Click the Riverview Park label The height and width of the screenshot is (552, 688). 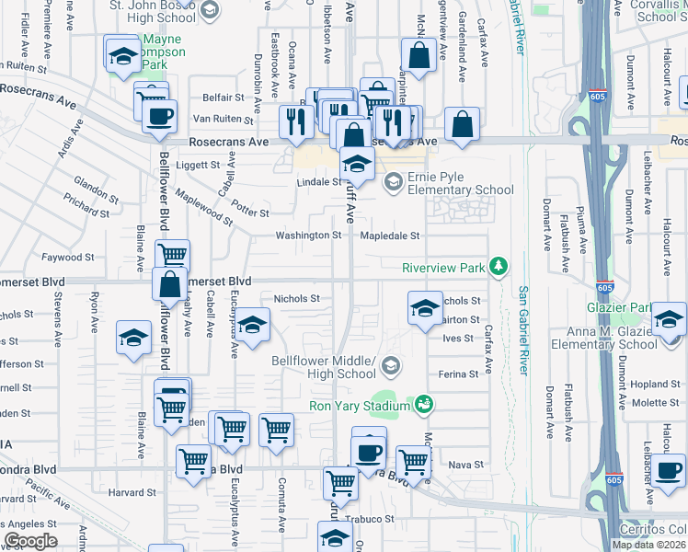click(442, 268)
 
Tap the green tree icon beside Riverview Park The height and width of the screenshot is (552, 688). click(499, 267)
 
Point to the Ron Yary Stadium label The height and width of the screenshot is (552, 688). click(360, 406)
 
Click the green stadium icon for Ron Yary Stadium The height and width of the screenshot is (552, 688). click(424, 404)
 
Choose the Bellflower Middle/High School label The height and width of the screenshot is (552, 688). click(324, 367)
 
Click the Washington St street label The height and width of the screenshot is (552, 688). click(309, 236)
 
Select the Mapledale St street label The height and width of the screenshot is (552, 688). click(389, 236)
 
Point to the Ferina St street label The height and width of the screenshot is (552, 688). click(459, 374)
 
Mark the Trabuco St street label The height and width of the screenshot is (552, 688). click(376, 519)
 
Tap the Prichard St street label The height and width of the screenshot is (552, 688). click(86, 205)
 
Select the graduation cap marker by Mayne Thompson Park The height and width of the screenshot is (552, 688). click(120, 55)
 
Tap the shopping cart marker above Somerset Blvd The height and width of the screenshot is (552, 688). click(172, 255)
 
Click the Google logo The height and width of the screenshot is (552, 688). click(29, 541)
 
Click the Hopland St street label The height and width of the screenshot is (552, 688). click(654, 383)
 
